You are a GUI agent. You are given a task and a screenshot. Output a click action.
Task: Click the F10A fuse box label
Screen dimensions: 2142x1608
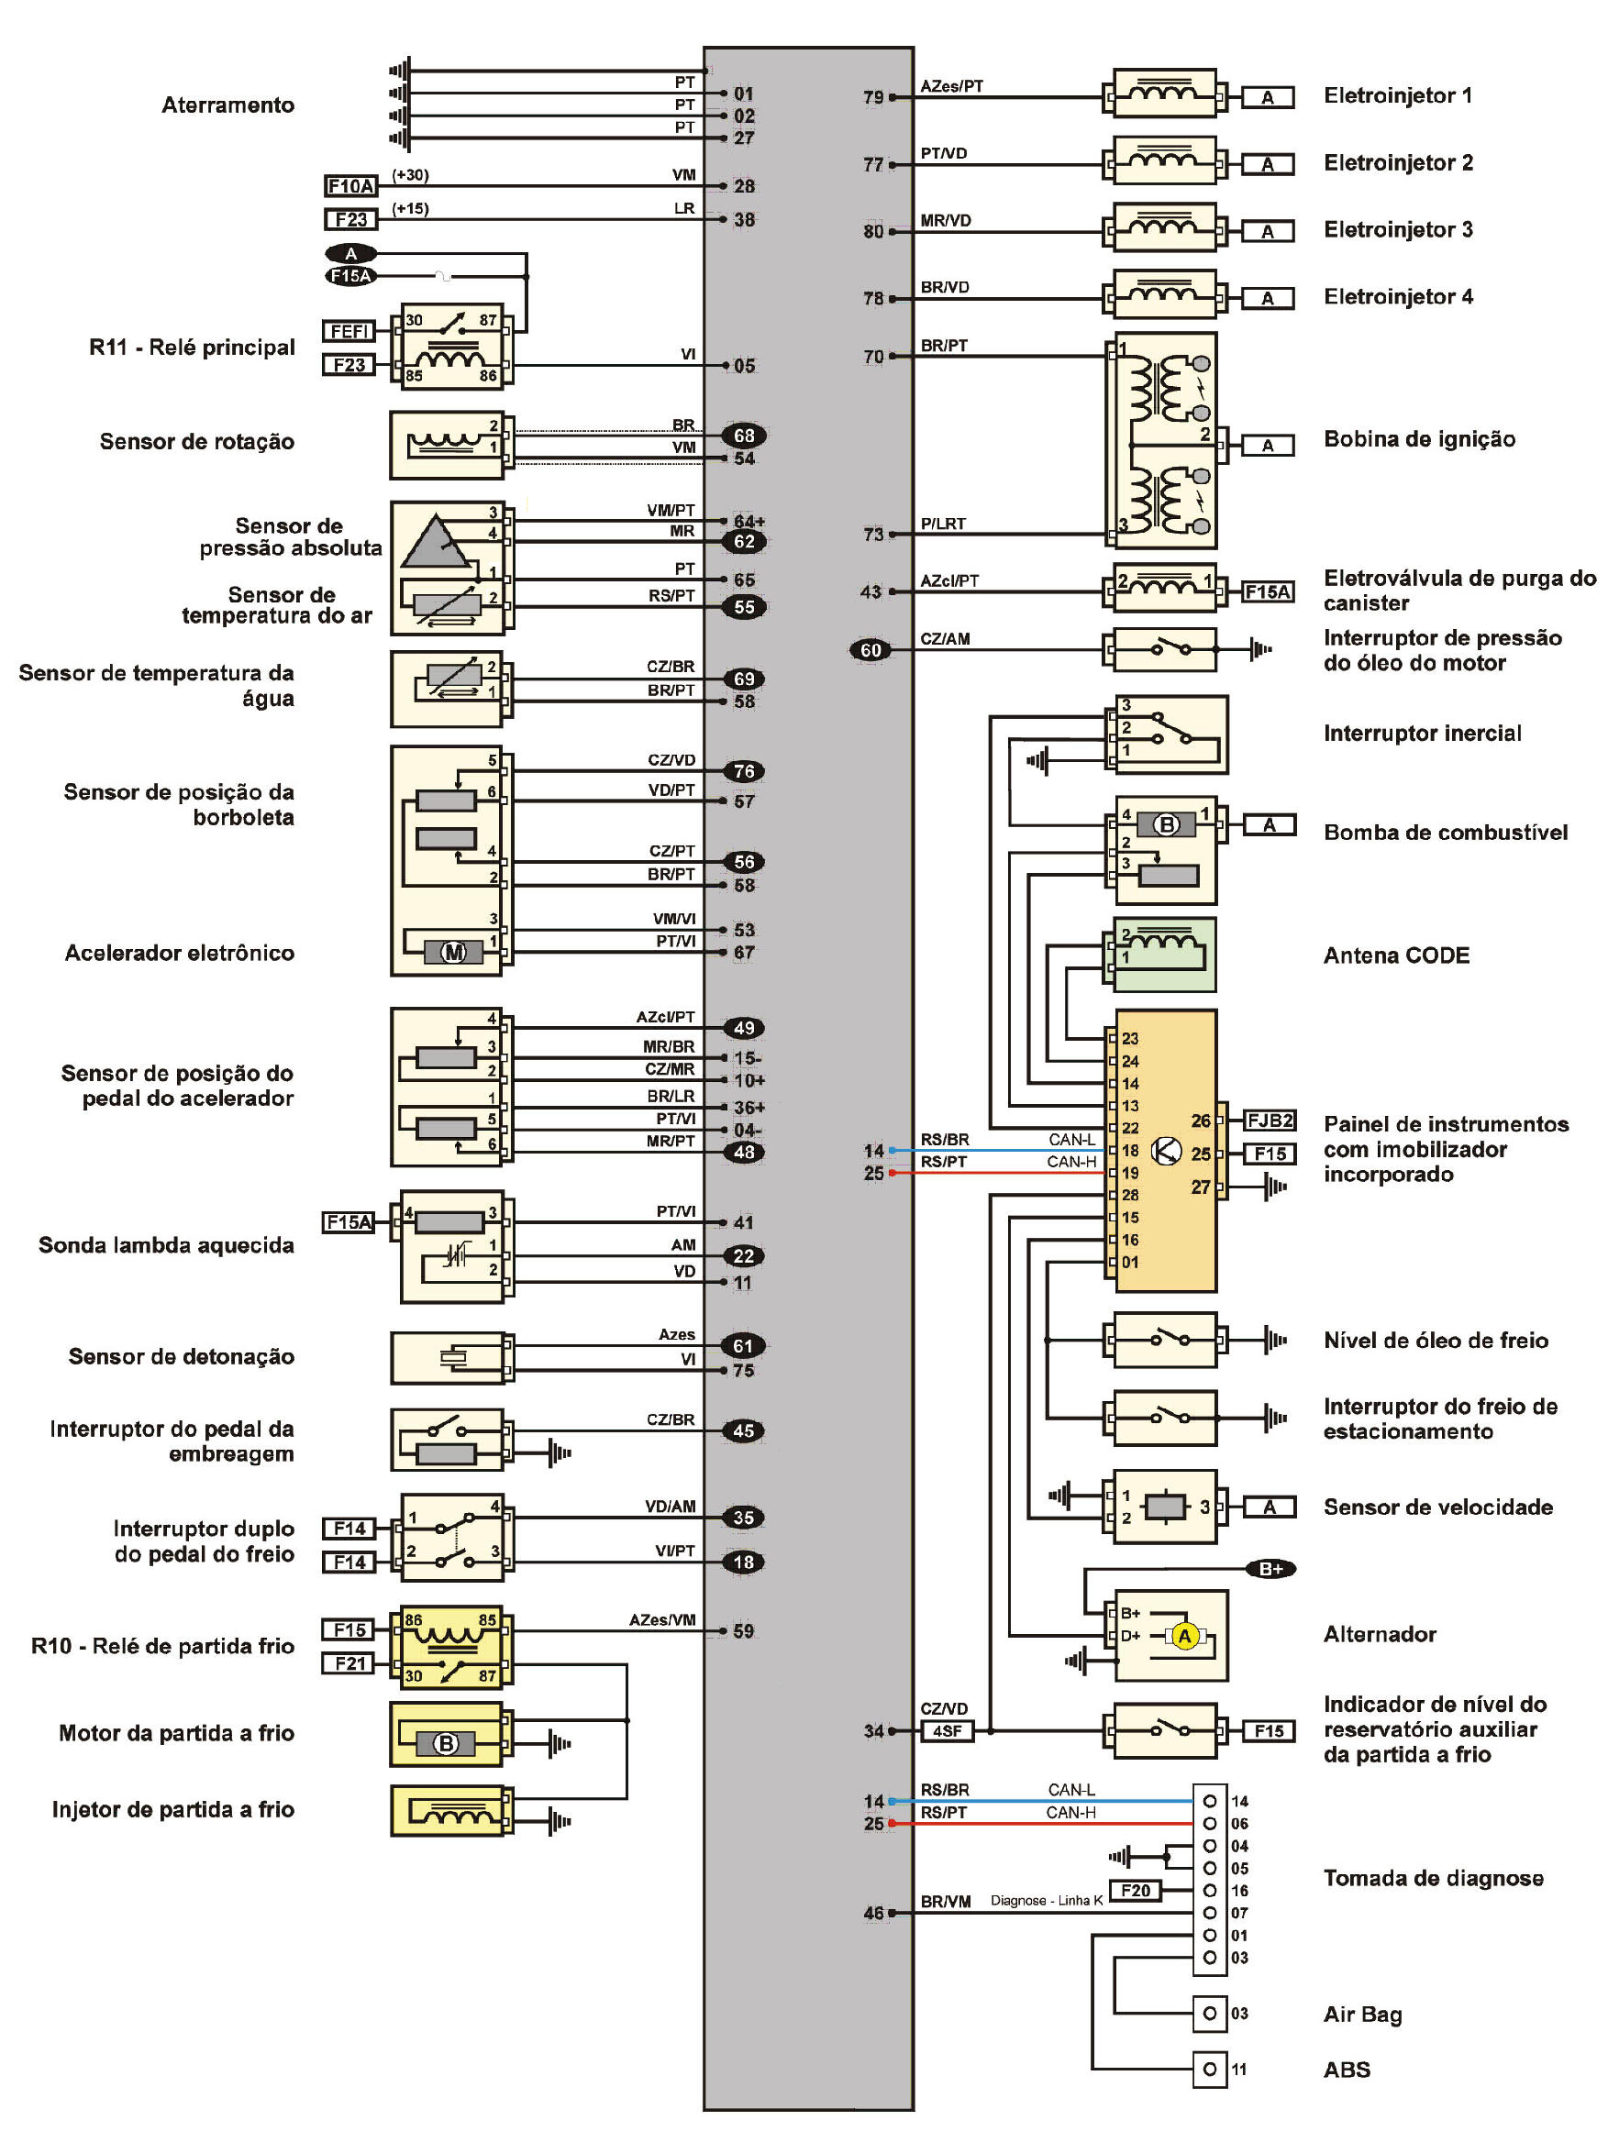tap(350, 186)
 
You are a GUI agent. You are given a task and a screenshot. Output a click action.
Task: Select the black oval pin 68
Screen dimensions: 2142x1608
tap(744, 436)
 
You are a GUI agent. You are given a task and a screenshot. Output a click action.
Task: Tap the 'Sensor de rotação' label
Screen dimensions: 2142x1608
tap(196, 442)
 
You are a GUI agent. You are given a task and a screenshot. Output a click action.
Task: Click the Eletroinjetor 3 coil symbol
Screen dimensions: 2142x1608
tap(1163, 228)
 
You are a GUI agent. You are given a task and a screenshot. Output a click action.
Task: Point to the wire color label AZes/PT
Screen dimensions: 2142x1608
tap(951, 86)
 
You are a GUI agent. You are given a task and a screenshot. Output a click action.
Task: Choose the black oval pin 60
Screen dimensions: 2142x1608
tap(870, 650)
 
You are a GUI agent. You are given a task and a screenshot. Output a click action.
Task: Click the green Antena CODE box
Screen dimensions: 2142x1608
tap(1163, 955)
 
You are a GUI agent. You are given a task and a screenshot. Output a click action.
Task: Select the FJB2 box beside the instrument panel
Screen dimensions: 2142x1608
tap(1269, 1121)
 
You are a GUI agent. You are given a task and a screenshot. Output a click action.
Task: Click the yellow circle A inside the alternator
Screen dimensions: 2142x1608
tap(1183, 1636)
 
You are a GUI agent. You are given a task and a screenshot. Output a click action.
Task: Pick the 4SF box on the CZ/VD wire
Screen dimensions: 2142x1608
tap(947, 1730)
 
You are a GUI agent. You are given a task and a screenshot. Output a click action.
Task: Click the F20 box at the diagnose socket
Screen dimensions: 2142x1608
tap(1136, 1890)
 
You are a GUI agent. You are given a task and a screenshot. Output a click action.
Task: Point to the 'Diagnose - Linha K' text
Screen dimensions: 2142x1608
tap(1047, 1901)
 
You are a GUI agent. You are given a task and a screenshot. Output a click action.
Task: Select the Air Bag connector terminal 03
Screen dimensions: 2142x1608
tap(1209, 2014)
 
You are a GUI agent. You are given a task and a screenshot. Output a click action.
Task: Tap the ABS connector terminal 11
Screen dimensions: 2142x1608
tap(1209, 2070)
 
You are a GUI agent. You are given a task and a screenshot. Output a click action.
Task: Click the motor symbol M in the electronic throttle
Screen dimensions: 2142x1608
tap(453, 953)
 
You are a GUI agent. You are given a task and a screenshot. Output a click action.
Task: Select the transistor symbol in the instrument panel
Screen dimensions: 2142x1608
tap(1166, 1151)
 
